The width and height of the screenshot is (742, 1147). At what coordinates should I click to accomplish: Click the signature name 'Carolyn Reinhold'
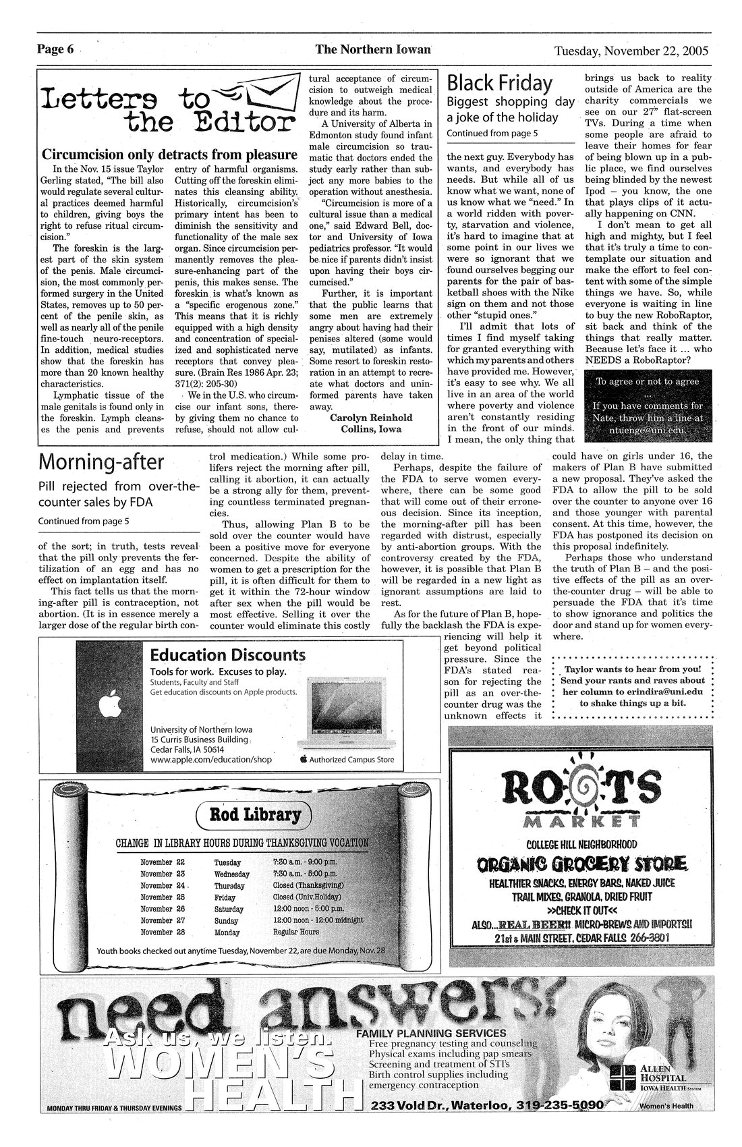(x=371, y=418)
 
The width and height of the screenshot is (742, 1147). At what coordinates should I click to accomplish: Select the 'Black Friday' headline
(x=500, y=84)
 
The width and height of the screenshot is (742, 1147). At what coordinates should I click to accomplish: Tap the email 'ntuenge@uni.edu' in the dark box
(x=648, y=428)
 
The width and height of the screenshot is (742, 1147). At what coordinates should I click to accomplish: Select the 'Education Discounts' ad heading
(x=227, y=655)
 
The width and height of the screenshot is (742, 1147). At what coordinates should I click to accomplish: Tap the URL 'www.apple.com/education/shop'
(x=210, y=759)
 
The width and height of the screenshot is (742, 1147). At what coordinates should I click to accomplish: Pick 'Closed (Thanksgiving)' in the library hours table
(x=308, y=885)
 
